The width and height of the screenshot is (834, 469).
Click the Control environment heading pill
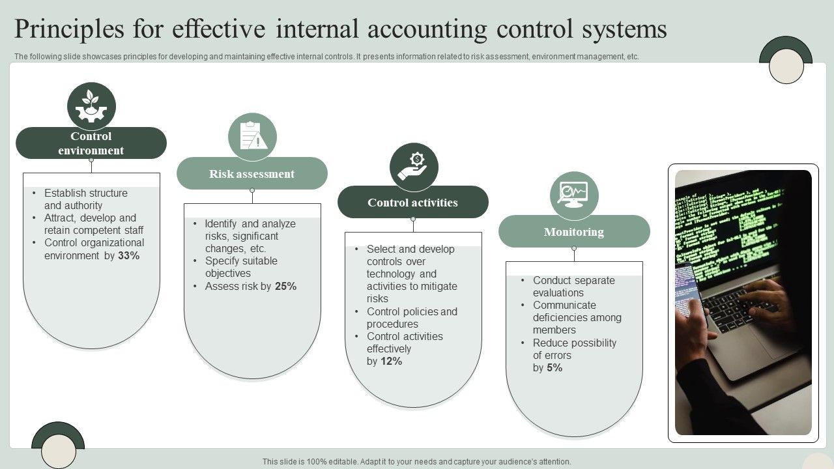tap(91, 143)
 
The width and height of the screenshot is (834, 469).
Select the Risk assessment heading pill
tap(252, 174)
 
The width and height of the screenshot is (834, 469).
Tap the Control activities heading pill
tap(412, 203)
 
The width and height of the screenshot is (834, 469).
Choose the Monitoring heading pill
tap(574, 232)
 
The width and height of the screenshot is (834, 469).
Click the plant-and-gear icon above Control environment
tap(91, 106)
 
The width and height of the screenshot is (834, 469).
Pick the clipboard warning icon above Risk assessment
tap(252, 137)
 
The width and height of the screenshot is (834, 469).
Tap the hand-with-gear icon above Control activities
tap(414, 167)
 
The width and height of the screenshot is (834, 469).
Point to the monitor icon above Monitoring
tap(574, 195)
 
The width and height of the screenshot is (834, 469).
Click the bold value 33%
tap(129, 256)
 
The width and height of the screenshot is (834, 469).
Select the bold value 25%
tap(285, 287)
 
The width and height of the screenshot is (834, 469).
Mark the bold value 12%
tap(392, 362)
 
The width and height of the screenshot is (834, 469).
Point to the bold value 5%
tap(554, 368)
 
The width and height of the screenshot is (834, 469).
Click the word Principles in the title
tap(69, 29)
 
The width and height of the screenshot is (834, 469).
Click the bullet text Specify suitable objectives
tap(240, 267)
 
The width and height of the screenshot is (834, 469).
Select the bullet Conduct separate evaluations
tap(573, 287)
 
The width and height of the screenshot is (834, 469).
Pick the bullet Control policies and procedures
tap(412, 318)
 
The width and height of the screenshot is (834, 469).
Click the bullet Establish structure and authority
tap(86, 199)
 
